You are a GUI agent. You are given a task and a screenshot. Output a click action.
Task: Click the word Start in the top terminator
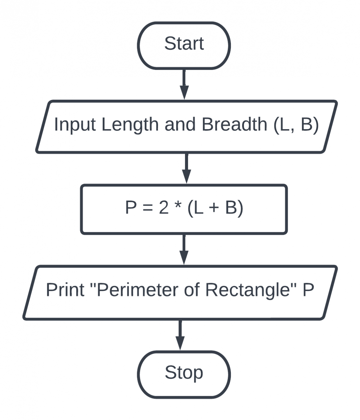[x=184, y=43]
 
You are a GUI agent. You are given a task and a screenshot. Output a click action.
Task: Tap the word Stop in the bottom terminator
[x=184, y=372]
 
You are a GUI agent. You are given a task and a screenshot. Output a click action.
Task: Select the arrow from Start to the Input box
[x=184, y=84]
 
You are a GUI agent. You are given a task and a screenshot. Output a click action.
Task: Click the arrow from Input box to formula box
[x=186, y=168]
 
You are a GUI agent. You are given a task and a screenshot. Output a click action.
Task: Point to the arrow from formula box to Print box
[x=184, y=249]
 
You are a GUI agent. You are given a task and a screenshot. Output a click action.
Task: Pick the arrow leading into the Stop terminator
[x=180, y=335]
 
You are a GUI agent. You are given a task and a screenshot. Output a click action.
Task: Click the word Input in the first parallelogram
[x=75, y=125]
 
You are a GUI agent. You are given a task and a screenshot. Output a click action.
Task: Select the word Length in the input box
[x=130, y=125]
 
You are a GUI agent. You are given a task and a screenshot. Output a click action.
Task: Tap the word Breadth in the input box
[x=234, y=124]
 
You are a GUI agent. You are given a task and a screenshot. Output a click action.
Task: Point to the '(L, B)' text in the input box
[x=296, y=124]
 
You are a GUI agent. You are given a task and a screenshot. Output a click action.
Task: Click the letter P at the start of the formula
[x=131, y=208]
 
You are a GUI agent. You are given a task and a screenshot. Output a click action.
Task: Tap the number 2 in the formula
[x=164, y=208]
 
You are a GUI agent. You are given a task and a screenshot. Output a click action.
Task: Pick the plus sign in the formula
[x=214, y=208]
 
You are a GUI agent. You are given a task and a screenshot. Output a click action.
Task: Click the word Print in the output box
[x=65, y=290]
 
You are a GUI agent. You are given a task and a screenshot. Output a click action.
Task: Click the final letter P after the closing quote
[x=308, y=290]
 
